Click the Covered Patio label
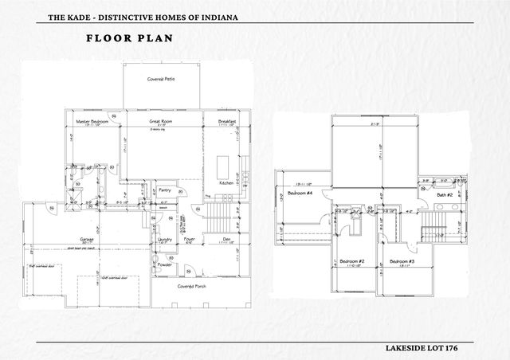[161, 79]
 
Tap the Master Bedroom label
[92, 121]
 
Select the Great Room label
[161, 121]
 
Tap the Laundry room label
[166, 239]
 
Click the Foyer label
[189, 239]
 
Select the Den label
[226, 239]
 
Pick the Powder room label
[165, 264]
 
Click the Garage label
[87, 239]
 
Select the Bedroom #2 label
[351, 261]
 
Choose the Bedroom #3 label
[401, 261]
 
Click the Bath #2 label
[445, 194]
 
